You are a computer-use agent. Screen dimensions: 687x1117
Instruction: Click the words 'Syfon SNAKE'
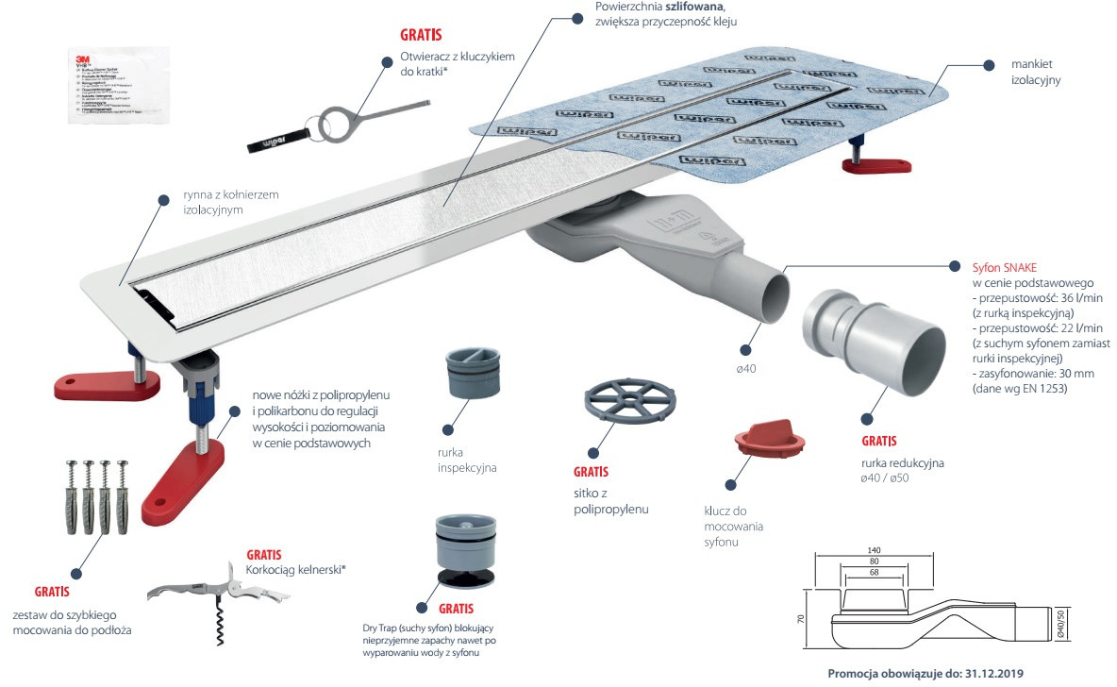1010,267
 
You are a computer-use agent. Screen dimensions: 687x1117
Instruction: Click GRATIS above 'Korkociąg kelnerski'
264,555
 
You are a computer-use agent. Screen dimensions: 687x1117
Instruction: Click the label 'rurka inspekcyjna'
466,460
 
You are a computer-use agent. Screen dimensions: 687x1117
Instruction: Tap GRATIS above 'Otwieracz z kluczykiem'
421,37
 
